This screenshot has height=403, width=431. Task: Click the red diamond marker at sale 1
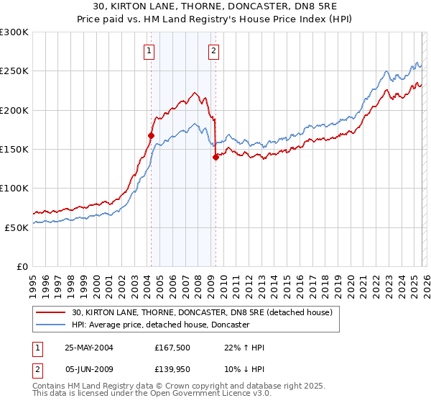[152, 135]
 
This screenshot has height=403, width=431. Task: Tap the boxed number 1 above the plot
[149, 50]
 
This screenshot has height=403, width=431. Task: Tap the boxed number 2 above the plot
[214, 50]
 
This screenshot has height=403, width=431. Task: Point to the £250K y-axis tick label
[14, 71]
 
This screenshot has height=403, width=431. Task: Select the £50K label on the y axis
[17, 227]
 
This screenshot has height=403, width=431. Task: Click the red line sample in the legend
[51, 312]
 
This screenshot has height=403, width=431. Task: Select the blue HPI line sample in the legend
[51, 325]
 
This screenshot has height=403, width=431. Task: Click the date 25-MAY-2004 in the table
[89, 348]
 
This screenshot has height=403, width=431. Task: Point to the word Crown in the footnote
[164, 387]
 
